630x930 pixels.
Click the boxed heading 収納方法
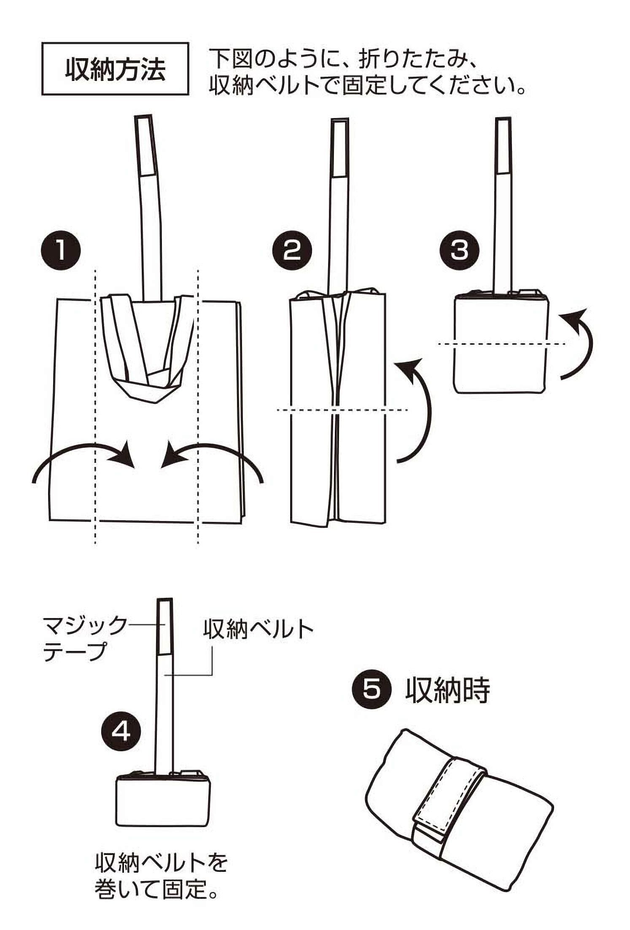tap(115, 68)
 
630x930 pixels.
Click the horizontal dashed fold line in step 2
tap(342, 409)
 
